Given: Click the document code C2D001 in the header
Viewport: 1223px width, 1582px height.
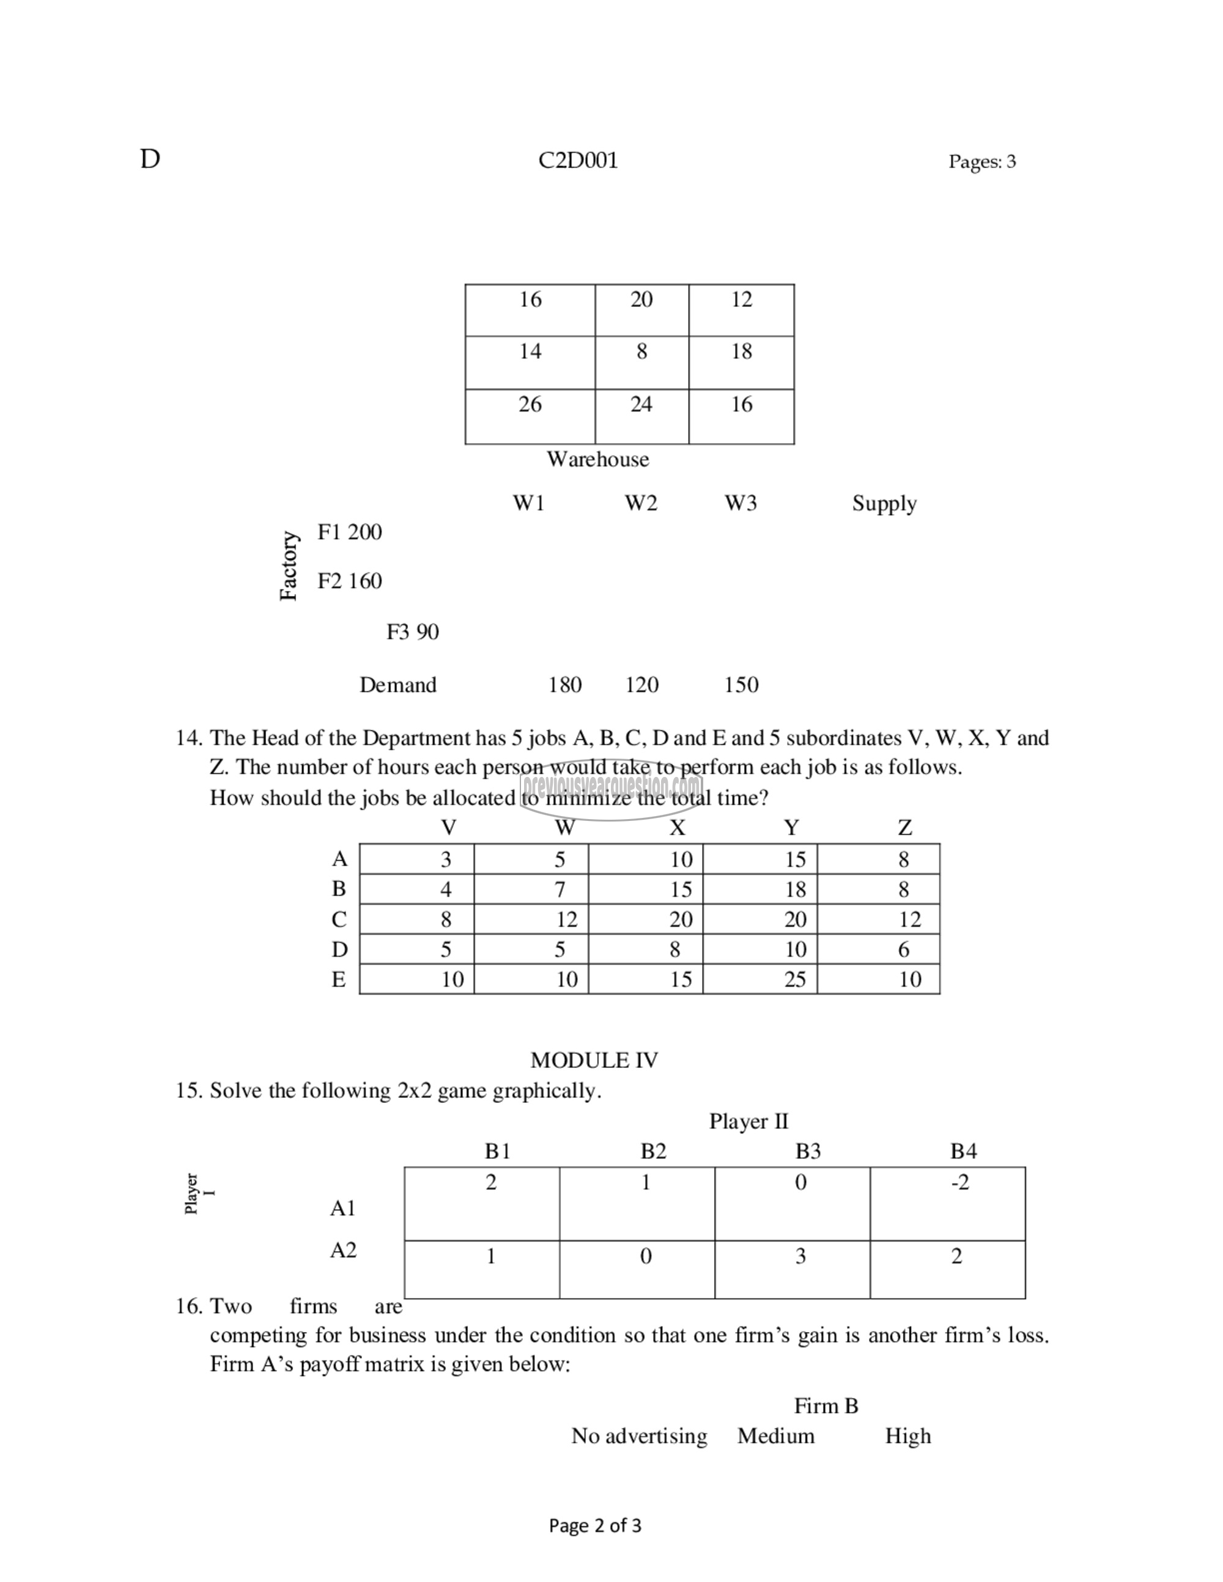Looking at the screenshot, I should [577, 160].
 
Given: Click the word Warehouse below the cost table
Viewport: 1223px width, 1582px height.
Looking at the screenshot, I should [597, 459].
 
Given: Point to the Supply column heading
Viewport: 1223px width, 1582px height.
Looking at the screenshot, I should [884, 504].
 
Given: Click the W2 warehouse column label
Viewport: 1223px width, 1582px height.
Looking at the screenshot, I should [640, 504].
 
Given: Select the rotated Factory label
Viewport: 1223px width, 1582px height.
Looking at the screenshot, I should [289, 565].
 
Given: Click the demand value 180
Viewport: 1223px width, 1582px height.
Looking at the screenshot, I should [564, 685].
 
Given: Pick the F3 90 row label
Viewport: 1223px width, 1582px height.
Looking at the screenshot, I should [412, 632].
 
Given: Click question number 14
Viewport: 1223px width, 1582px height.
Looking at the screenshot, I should [188, 738].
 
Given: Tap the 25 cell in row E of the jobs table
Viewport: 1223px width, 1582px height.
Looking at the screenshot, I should [795, 980].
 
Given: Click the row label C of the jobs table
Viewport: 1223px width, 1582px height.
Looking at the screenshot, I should [338, 920].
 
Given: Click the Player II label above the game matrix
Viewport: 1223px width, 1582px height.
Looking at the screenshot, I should [748, 1121].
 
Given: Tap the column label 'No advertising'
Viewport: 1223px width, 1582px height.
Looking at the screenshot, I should [639, 1437].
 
